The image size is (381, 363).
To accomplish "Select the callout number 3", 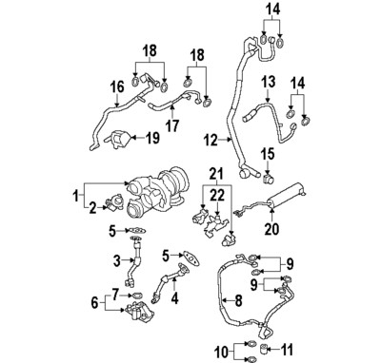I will tap(117, 259).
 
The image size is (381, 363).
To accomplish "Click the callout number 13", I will tap(270, 82).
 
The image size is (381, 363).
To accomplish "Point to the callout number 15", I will tap(269, 153).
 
